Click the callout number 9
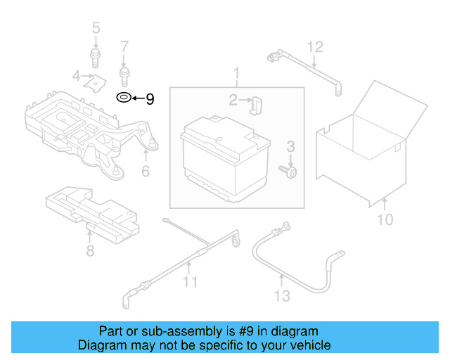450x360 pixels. (x=149, y=99)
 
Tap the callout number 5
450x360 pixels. (x=96, y=28)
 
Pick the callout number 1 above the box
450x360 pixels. (x=237, y=73)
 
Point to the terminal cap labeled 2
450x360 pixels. (x=255, y=105)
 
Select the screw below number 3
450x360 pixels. (x=288, y=171)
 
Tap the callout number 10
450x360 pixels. (x=385, y=220)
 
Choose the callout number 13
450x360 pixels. (x=281, y=296)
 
